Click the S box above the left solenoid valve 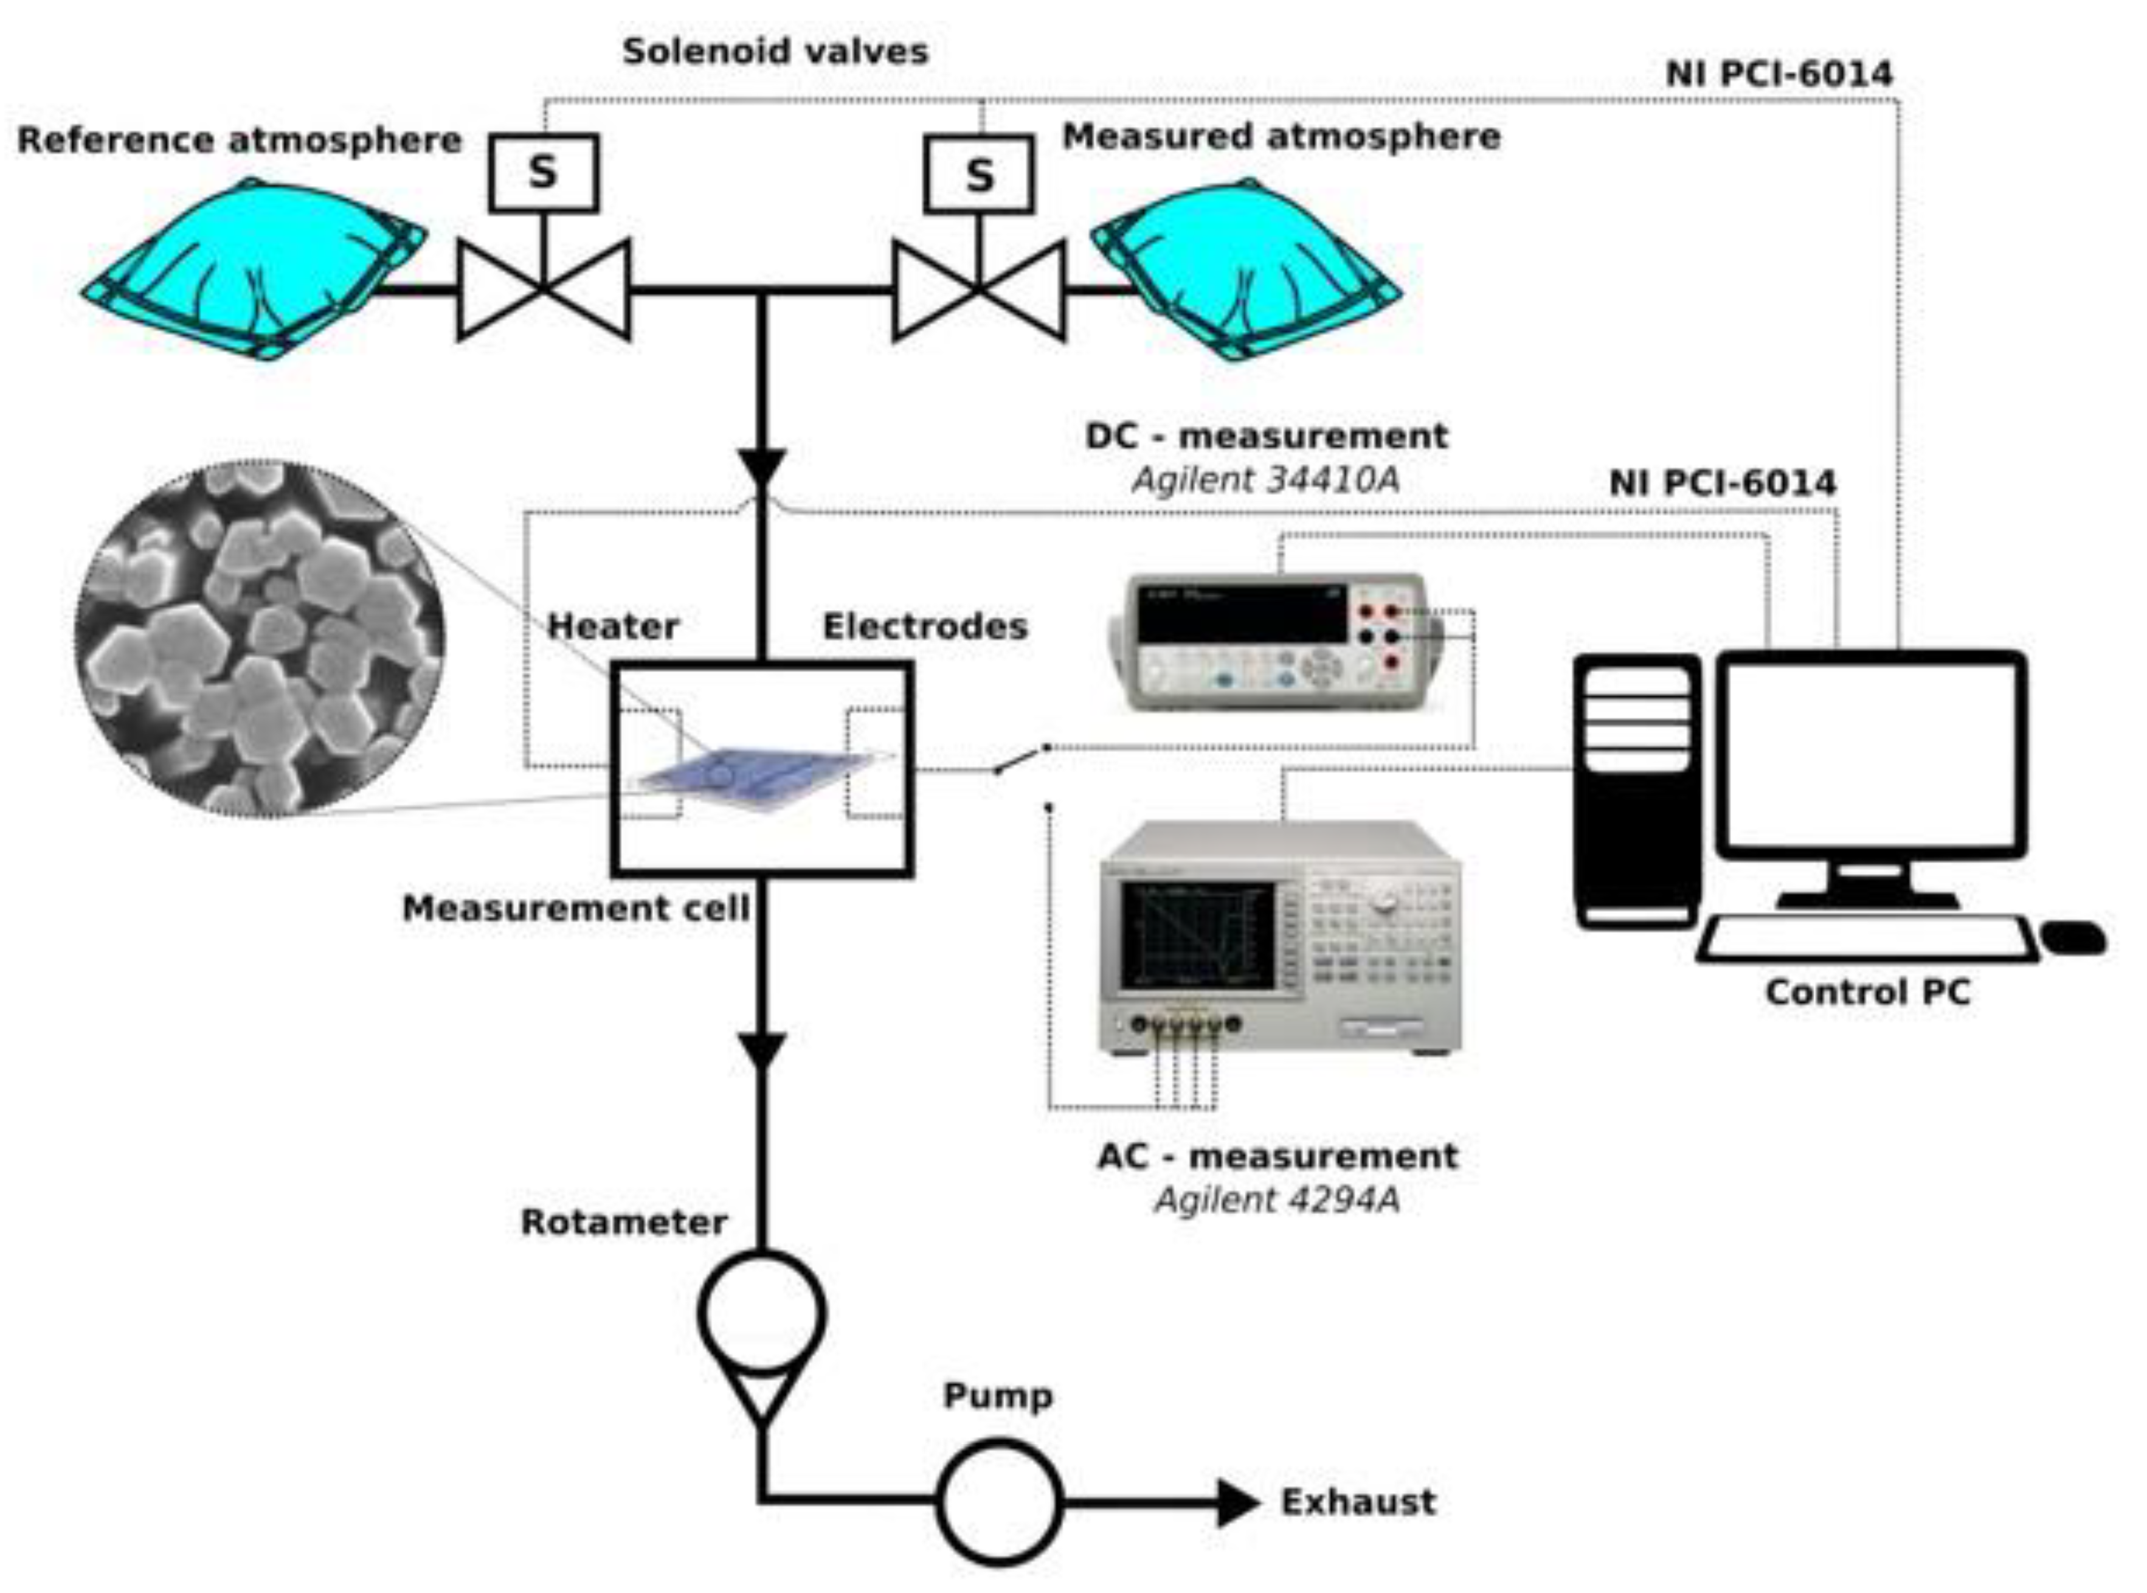[x=543, y=173]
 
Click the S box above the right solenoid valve [x=978, y=175]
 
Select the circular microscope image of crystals [x=260, y=639]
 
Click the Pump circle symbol [x=1000, y=1501]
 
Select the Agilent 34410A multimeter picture [x=1277, y=643]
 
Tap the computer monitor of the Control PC [x=1870, y=754]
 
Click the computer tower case [x=1636, y=791]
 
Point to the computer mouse [x=2073, y=937]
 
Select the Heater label [x=613, y=626]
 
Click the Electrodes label [x=925, y=626]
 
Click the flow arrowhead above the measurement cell [x=762, y=468]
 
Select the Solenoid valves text [x=775, y=51]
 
